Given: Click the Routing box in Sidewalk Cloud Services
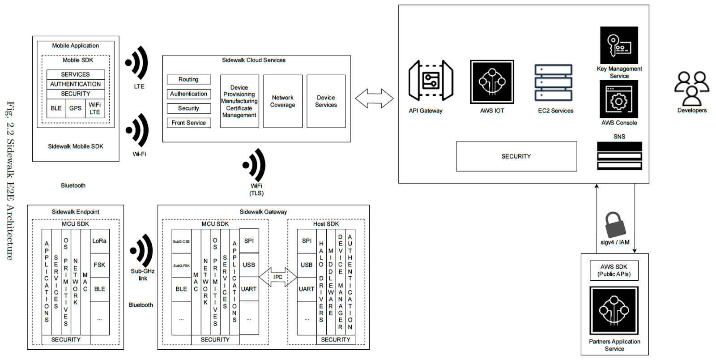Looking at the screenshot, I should pyautogui.click(x=188, y=80).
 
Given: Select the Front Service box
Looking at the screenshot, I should pyautogui.click(x=188, y=123).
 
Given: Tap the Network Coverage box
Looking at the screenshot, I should pyautogui.click(x=282, y=101).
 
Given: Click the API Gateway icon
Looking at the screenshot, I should pyautogui.click(x=430, y=81).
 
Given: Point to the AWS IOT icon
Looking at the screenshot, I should pyautogui.click(x=492, y=82).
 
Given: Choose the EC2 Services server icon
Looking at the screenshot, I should pyautogui.click(x=554, y=83).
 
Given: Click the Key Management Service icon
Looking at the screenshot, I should pyautogui.click(x=619, y=45).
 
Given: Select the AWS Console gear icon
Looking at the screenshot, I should pyautogui.click(x=619, y=99).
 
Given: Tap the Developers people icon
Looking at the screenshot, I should pyautogui.click(x=691, y=88).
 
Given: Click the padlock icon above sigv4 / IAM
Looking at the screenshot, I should pyautogui.click(x=615, y=225).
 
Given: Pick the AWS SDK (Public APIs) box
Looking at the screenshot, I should pyautogui.click(x=614, y=270).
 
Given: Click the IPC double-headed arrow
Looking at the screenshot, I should pyautogui.click(x=278, y=277).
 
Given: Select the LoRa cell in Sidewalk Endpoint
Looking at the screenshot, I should pyautogui.click(x=99, y=241).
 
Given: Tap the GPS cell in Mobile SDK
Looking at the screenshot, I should pyautogui.click(x=75, y=108).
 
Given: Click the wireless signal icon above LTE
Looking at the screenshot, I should pyautogui.click(x=137, y=63).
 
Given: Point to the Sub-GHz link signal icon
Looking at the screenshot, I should pyautogui.click(x=142, y=251).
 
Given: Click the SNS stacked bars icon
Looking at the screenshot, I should pyautogui.click(x=619, y=156).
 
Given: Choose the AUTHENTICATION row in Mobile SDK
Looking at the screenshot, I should pyautogui.click(x=75, y=84).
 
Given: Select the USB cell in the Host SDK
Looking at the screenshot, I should pyautogui.click(x=307, y=265).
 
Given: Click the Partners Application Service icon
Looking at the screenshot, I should pyautogui.click(x=614, y=310).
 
